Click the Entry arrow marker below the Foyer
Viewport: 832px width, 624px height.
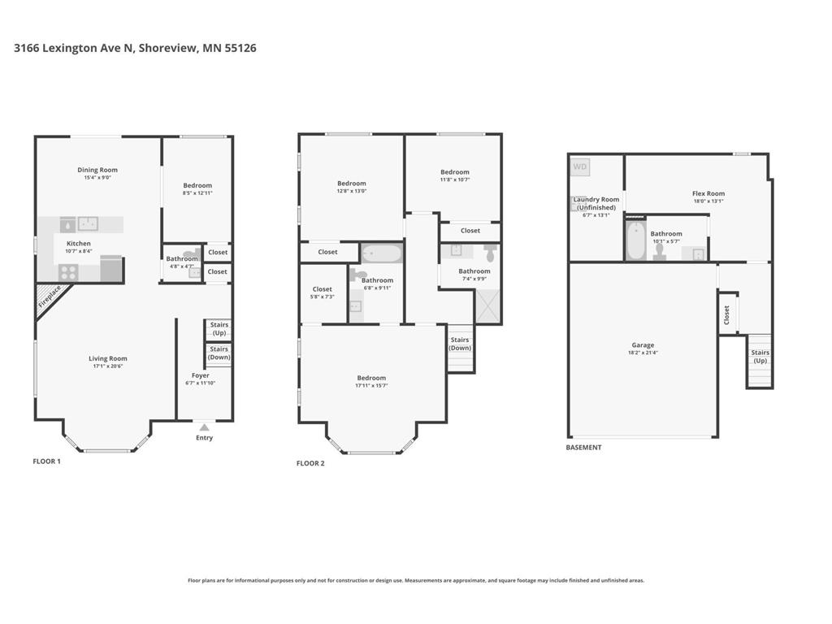(204, 427)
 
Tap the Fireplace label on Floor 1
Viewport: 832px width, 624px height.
(50, 298)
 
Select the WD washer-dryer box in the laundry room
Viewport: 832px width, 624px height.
(580, 167)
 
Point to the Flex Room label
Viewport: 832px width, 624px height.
(708, 193)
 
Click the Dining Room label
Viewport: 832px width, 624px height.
(97, 170)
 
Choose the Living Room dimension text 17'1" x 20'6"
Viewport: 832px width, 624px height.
(107, 366)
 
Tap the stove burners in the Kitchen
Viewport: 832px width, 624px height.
(67, 272)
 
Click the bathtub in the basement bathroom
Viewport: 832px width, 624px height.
(636, 240)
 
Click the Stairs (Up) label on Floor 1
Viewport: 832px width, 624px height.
(219, 329)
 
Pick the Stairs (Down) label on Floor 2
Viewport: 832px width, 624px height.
(460, 344)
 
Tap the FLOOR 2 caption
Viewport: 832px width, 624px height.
(310, 463)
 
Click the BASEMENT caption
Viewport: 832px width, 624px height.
(583, 448)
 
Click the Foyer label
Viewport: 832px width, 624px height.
(201, 375)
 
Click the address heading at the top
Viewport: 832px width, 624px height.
(135, 48)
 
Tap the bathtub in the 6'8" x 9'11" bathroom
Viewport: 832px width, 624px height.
(380, 253)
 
